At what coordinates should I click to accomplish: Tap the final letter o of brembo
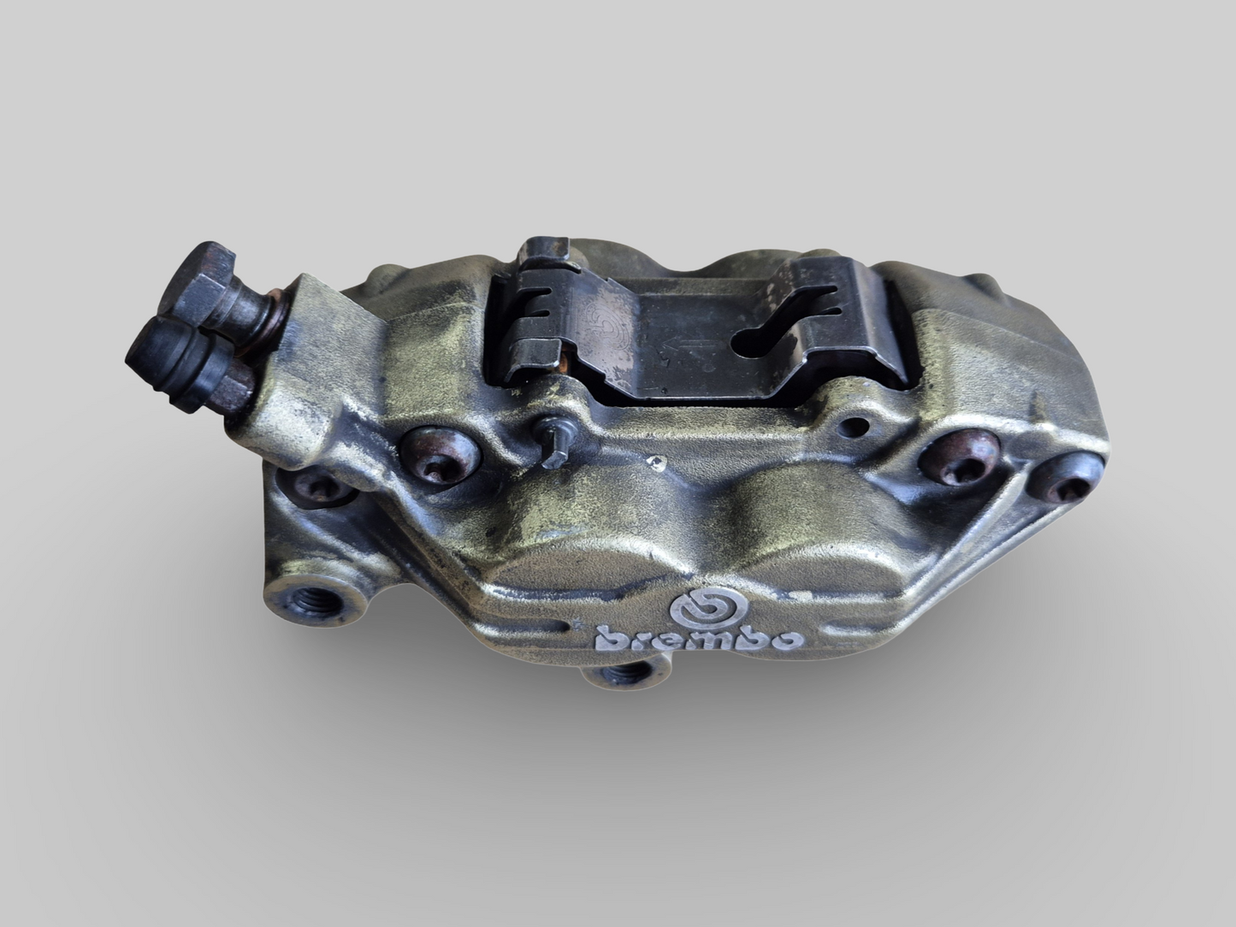pyautogui.click(x=788, y=639)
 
